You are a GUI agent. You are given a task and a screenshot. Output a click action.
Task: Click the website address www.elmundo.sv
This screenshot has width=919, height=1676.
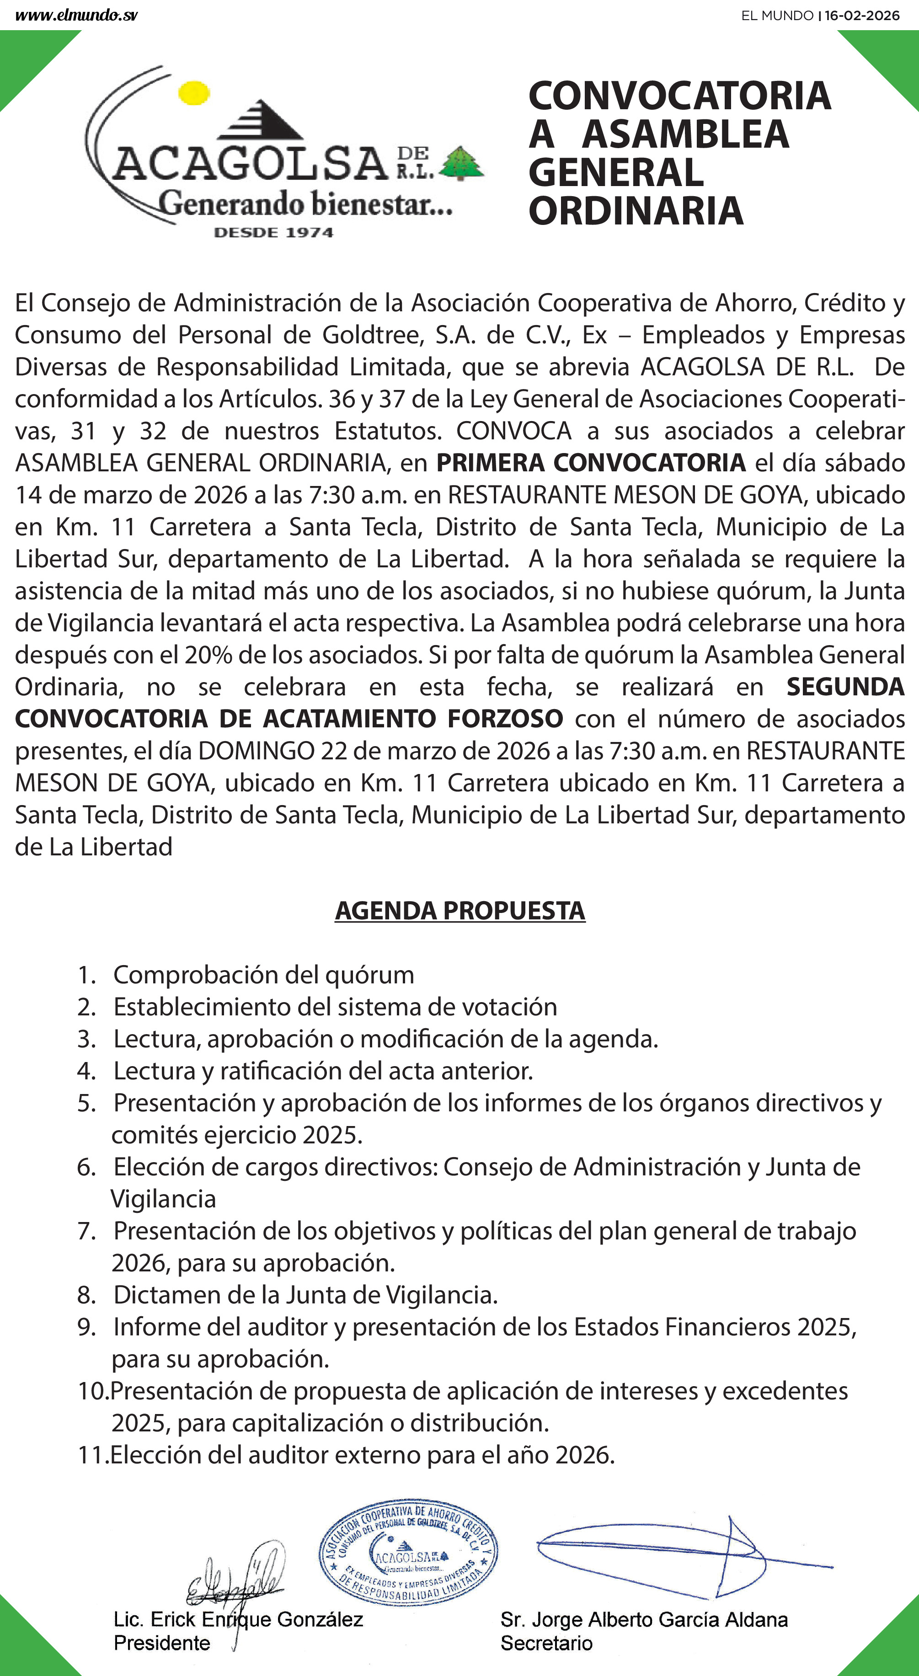(x=76, y=15)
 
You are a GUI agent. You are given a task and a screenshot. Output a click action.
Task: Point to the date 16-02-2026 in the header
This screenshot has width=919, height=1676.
(x=862, y=15)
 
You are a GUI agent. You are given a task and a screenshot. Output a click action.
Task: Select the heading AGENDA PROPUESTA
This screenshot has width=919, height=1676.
(x=459, y=910)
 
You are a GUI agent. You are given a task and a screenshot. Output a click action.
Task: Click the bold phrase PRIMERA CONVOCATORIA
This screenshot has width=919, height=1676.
(x=590, y=463)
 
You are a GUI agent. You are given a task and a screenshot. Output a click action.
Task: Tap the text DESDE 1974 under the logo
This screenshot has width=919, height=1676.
(x=273, y=232)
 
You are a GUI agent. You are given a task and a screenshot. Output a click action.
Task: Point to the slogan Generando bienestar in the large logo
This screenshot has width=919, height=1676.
(x=306, y=204)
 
